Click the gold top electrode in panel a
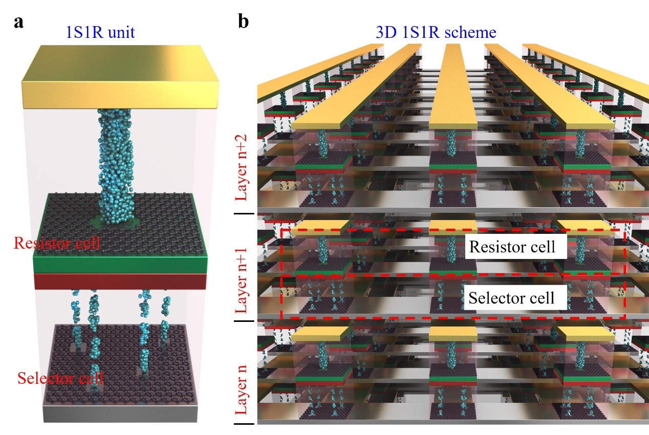(x=120, y=77)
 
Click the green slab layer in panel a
(x=120, y=263)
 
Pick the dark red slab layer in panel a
(x=120, y=281)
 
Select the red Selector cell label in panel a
(x=60, y=379)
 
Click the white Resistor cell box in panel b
(x=512, y=247)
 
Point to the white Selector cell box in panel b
(x=512, y=297)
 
